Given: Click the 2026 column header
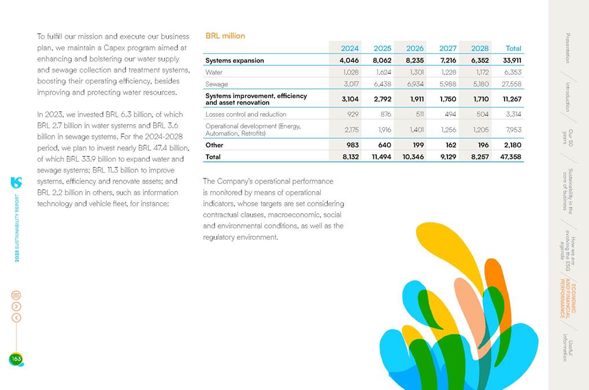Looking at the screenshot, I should click(x=415, y=49).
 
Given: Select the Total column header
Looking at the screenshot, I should click(x=513, y=49).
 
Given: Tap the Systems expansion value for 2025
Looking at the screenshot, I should click(x=383, y=60).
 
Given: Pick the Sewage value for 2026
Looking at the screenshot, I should click(x=415, y=84).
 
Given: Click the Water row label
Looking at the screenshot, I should click(x=214, y=73).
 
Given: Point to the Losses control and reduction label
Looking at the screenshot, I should click(x=246, y=114).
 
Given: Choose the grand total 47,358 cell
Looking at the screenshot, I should click(x=511, y=157).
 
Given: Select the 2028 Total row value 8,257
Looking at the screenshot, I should click(x=480, y=157).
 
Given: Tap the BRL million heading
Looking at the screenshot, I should click(x=225, y=36).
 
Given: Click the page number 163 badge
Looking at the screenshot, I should click(x=16, y=359).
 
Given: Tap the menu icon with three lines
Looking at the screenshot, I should click(x=16, y=295).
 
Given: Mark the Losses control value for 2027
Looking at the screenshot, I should click(x=449, y=114).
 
